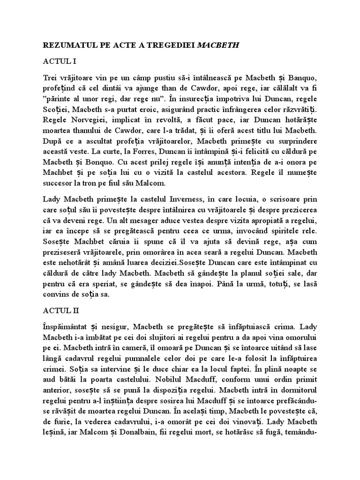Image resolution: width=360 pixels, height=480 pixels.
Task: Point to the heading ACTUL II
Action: click(60, 310)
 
